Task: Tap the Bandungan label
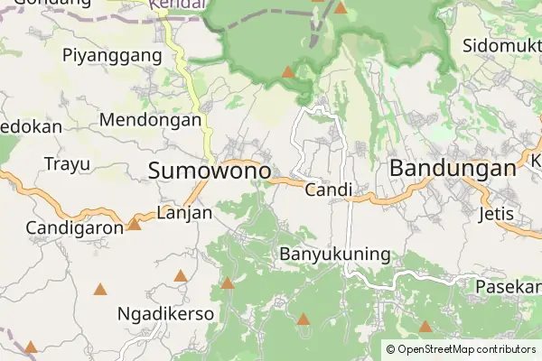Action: tap(452, 169)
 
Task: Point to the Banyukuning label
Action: tap(335, 254)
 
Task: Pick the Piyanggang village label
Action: tap(113, 55)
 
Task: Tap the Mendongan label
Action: tap(150, 119)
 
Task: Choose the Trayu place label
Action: tap(67, 164)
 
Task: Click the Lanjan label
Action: tap(183, 213)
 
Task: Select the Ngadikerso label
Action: tap(166, 314)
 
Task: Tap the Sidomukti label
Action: tap(501, 45)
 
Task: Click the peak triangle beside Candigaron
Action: tap(134, 223)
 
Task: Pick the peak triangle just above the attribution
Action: tap(425, 326)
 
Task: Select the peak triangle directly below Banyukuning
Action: tap(304, 319)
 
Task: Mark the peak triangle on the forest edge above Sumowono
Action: tap(287, 71)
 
